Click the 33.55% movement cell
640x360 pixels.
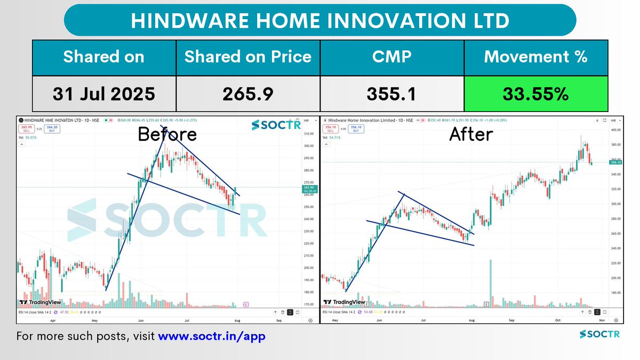[536, 94]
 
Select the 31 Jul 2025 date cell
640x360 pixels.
[103, 94]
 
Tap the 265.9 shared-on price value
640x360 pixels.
[248, 94]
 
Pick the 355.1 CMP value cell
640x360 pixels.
[392, 94]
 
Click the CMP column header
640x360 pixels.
[392, 57]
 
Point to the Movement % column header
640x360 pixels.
[536, 57]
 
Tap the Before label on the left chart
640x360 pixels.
[167, 134]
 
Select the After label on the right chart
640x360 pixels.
[470, 134]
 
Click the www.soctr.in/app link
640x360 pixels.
[211, 337]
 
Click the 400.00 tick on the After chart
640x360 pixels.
[616, 130]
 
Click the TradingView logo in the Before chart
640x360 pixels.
[40, 302]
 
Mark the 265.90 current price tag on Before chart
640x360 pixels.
[309, 188]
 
